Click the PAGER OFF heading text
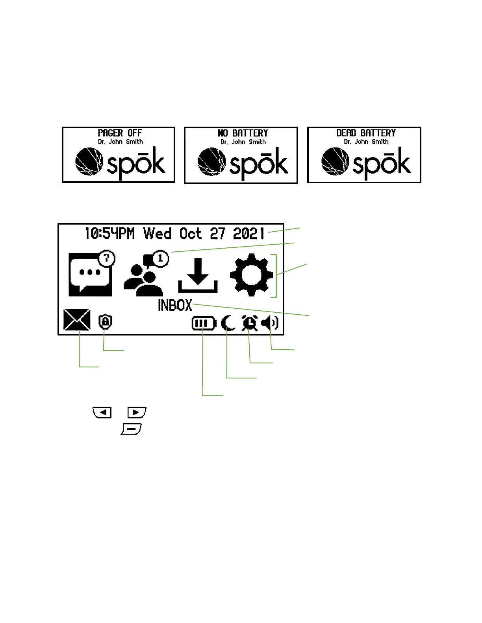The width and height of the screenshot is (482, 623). pyautogui.click(x=120, y=133)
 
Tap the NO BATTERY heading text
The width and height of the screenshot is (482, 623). pyautogui.click(x=243, y=133)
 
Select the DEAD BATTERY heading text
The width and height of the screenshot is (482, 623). pyautogui.click(x=366, y=133)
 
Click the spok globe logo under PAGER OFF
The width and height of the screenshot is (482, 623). pyautogui.click(x=89, y=162)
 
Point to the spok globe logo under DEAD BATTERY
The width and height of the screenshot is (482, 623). pyautogui.click(x=335, y=162)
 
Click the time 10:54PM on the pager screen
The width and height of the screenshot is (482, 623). pyautogui.click(x=109, y=234)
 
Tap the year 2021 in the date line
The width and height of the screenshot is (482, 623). pyautogui.click(x=248, y=234)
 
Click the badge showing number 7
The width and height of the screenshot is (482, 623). pyautogui.click(x=106, y=259)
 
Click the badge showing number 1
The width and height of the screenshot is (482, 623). pyautogui.click(x=160, y=259)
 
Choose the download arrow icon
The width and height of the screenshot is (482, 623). pyautogui.click(x=198, y=275)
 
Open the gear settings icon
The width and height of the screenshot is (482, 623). pyautogui.click(x=251, y=275)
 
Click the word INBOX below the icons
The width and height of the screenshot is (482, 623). pyautogui.click(x=175, y=305)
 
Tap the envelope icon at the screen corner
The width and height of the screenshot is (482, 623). pyautogui.click(x=77, y=320)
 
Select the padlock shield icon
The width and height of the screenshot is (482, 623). pyautogui.click(x=105, y=322)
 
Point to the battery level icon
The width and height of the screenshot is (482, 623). pyautogui.click(x=204, y=324)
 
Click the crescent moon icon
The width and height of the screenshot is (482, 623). pyautogui.click(x=228, y=324)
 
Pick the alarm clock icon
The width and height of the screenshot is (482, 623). pyautogui.click(x=250, y=323)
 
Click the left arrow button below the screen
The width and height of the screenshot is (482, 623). pyautogui.click(x=102, y=412)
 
